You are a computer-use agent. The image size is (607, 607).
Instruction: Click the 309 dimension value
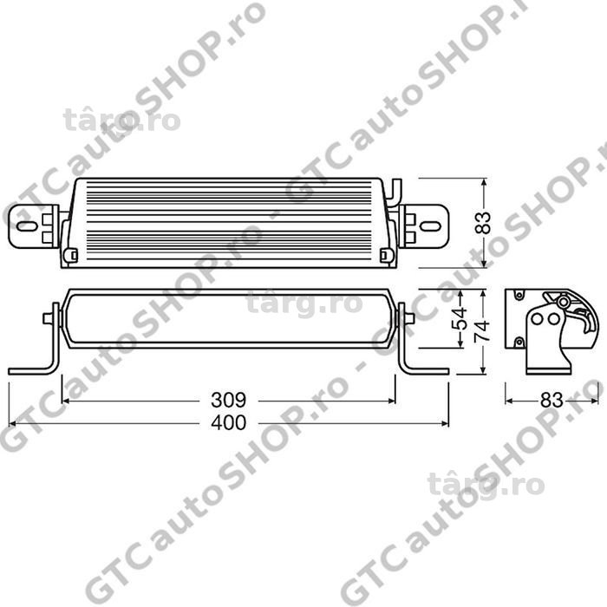click(x=228, y=400)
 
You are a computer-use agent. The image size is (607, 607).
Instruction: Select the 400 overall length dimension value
click(x=228, y=422)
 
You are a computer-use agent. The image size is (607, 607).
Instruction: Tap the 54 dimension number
click(x=460, y=318)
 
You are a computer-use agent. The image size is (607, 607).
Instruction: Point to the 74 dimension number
click(x=481, y=330)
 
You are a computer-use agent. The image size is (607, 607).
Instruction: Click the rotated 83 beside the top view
click(x=482, y=223)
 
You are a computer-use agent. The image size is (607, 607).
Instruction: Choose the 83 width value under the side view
click(x=552, y=401)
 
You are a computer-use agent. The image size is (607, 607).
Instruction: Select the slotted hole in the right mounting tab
click(x=430, y=226)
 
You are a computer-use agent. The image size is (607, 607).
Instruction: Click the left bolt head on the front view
click(x=48, y=318)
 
